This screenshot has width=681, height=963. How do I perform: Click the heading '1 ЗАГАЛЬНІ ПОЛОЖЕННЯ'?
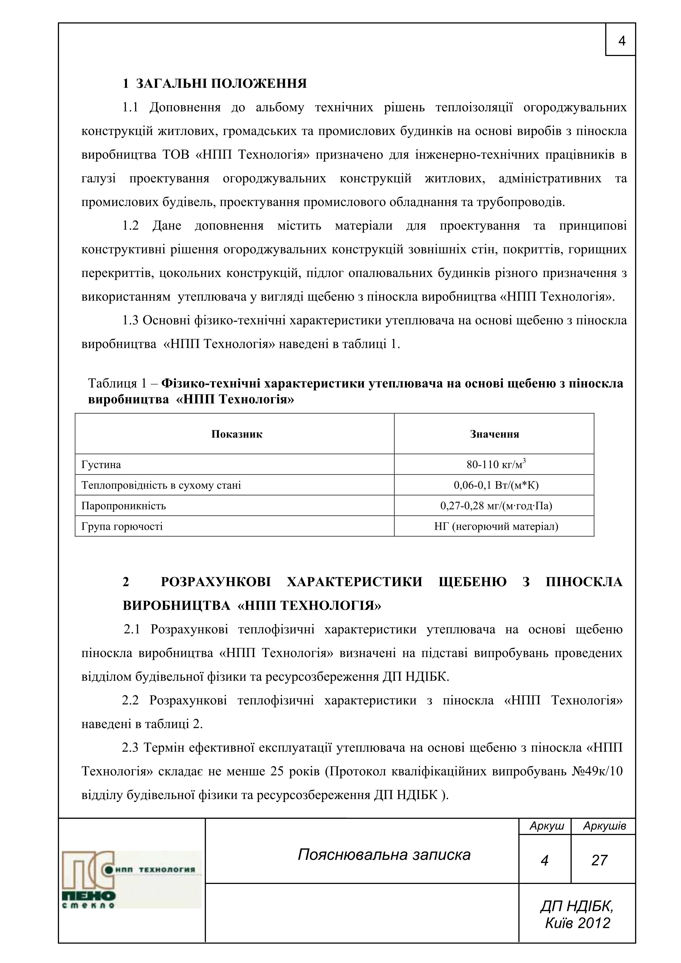(x=214, y=83)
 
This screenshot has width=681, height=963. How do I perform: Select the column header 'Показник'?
(x=237, y=434)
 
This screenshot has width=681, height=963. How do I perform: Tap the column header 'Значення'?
(x=494, y=434)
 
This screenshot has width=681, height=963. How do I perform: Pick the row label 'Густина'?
(x=101, y=465)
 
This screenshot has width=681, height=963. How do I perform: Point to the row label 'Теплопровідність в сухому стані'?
(x=161, y=485)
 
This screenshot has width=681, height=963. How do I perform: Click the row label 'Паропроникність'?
(x=124, y=506)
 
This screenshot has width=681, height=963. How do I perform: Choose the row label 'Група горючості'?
(x=122, y=526)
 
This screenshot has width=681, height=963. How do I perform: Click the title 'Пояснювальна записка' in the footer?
(x=384, y=855)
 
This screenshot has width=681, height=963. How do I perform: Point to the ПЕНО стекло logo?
(x=131, y=879)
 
